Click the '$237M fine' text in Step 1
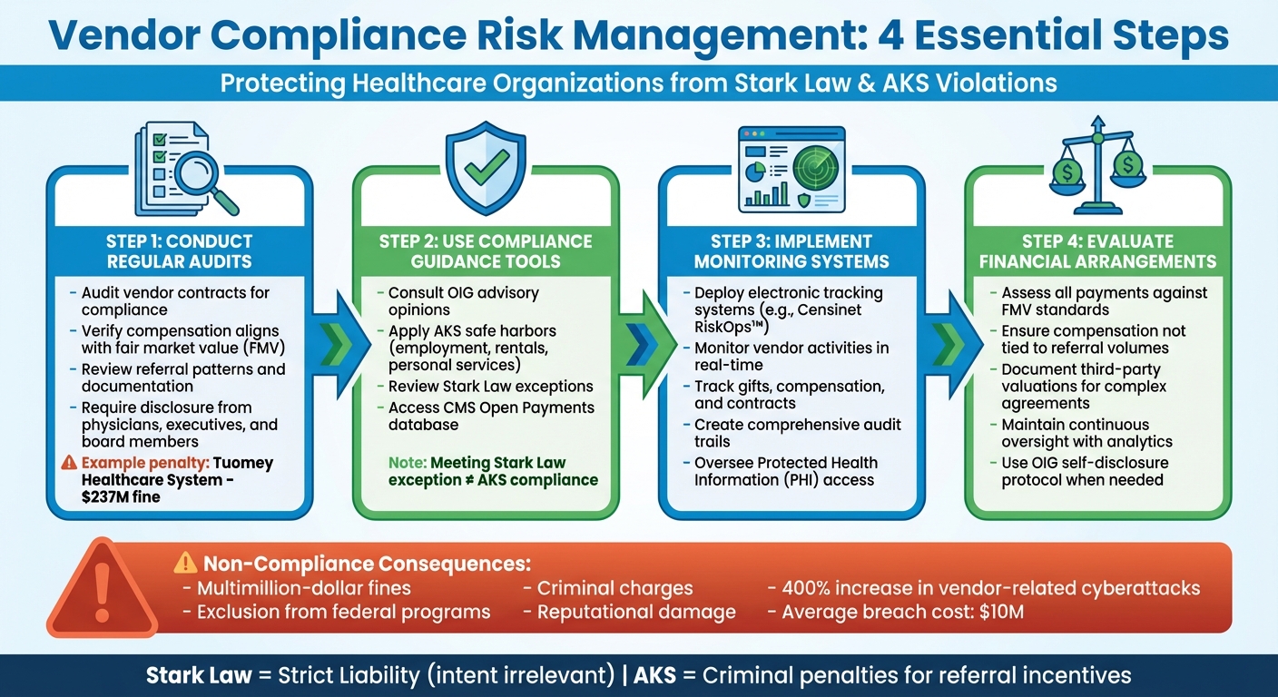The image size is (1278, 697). click(x=122, y=496)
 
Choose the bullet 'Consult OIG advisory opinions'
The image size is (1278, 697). click(x=463, y=301)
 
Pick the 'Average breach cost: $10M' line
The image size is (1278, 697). click(x=902, y=612)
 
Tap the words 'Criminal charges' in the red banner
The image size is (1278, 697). click(x=614, y=588)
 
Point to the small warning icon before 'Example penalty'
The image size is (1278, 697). click(x=68, y=463)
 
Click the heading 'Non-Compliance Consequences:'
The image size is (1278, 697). click(x=363, y=563)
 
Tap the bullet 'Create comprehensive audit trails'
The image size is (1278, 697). click(x=797, y=433)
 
